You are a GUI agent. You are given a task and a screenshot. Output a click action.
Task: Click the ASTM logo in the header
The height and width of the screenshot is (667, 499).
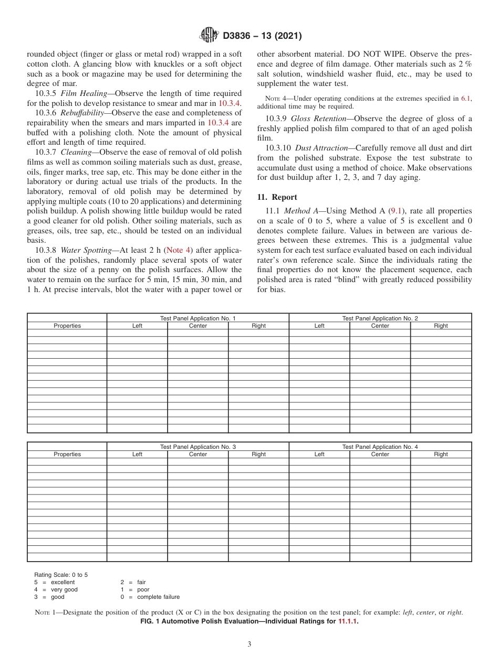pyautogui.click(x=209, y=36)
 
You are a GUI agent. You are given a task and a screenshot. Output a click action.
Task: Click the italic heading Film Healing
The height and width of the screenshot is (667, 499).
pyautogui.click(x=84, y=93)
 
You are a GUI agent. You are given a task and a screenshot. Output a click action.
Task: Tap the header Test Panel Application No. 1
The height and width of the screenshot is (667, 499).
pyautogui.click(x=197, y=318)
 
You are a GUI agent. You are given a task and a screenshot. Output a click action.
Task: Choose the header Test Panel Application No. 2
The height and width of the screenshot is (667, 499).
pyautogui.click(x=380, y=318)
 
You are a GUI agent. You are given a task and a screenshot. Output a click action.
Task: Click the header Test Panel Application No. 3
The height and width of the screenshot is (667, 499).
pyautogui.click(x=197, y=447)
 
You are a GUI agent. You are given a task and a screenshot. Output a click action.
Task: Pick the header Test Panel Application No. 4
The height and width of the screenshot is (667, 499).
pyautogui.click(x=380, y=447)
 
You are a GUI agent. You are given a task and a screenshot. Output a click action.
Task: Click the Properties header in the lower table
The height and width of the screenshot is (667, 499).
pyautogui.click(x=67, y=454)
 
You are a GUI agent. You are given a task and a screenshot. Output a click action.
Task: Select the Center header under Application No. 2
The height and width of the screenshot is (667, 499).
pyautogui.click(x=380, y=326)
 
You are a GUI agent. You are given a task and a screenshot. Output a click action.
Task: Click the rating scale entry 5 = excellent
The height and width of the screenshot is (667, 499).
pyautogui.click(x=55, y=582)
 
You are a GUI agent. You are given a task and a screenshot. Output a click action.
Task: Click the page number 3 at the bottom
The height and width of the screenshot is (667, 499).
pyautogui.click(x=250, y=644)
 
